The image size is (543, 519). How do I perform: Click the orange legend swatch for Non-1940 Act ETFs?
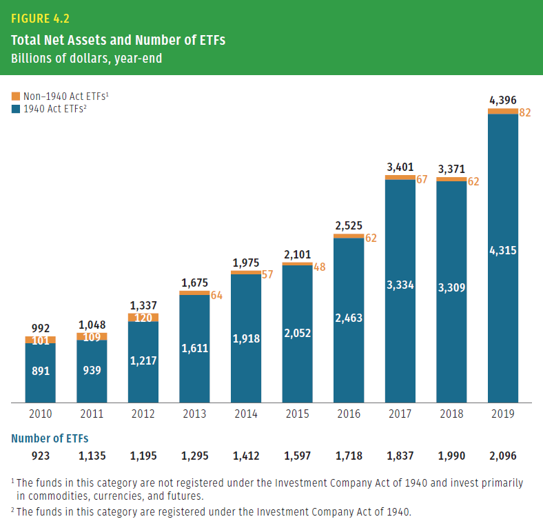17,97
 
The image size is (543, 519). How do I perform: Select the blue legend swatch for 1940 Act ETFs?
17,109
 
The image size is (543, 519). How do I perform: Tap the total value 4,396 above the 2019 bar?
502,101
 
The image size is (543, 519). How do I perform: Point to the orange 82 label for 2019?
525,112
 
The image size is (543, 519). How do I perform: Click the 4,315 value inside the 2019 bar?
502,251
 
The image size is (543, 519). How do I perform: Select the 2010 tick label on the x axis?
40,414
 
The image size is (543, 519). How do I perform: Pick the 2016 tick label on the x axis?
348,414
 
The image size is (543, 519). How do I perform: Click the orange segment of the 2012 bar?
143,318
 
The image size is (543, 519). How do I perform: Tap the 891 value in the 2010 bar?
40,371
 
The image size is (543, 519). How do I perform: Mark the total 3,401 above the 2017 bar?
400,167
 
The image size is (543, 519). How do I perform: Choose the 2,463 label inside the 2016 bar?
348,318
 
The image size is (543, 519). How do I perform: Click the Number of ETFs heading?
50,438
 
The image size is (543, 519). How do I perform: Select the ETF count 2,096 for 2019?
502,456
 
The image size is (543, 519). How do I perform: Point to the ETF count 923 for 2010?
40,456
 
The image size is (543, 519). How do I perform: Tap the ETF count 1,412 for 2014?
245,456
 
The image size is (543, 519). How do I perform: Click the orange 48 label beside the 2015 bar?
319,266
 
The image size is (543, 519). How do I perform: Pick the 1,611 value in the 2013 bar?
194,349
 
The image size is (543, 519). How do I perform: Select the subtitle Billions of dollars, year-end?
87,59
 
